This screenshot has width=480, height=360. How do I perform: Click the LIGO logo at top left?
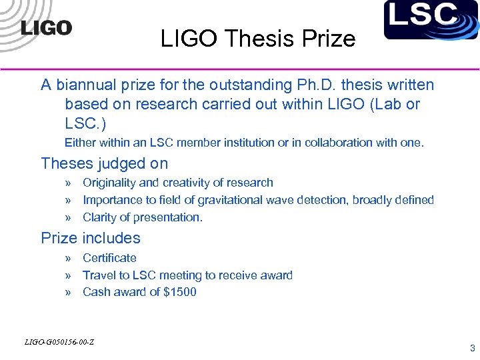(x=46, y=27)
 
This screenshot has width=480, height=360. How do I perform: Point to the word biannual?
(x=85, y=85)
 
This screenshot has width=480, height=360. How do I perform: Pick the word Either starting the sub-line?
(x=79, y=143)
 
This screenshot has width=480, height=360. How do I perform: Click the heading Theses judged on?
(x=104, y=163)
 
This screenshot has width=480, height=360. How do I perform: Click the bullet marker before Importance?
(x=68, y=200)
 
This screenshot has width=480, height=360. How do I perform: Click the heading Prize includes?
(x=91, y=238)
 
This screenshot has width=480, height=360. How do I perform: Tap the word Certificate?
(x=109, y=258)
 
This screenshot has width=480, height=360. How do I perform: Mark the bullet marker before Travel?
(x=68, y=275)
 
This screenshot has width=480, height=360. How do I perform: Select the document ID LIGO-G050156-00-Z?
(x=59, y=342)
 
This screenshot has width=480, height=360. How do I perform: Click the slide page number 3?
(x=472, y=348)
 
